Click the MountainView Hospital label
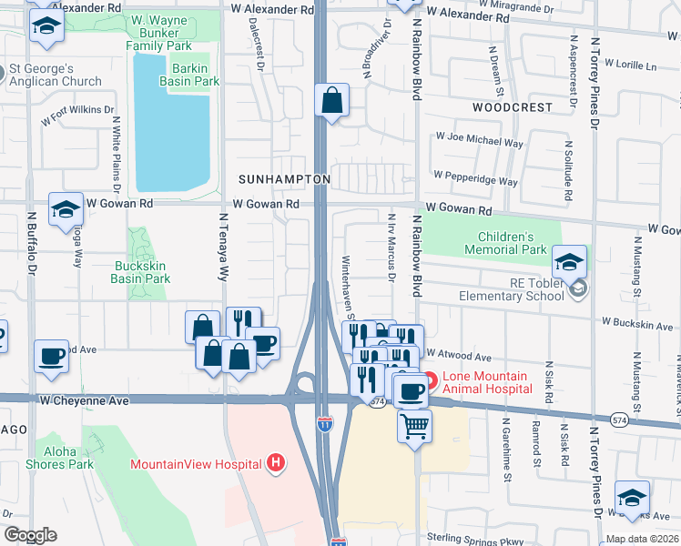[196, 464]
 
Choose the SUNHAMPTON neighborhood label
[284, 180]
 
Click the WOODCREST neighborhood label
[513, 107]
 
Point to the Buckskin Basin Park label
[140, 273]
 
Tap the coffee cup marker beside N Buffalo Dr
[52, 355]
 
